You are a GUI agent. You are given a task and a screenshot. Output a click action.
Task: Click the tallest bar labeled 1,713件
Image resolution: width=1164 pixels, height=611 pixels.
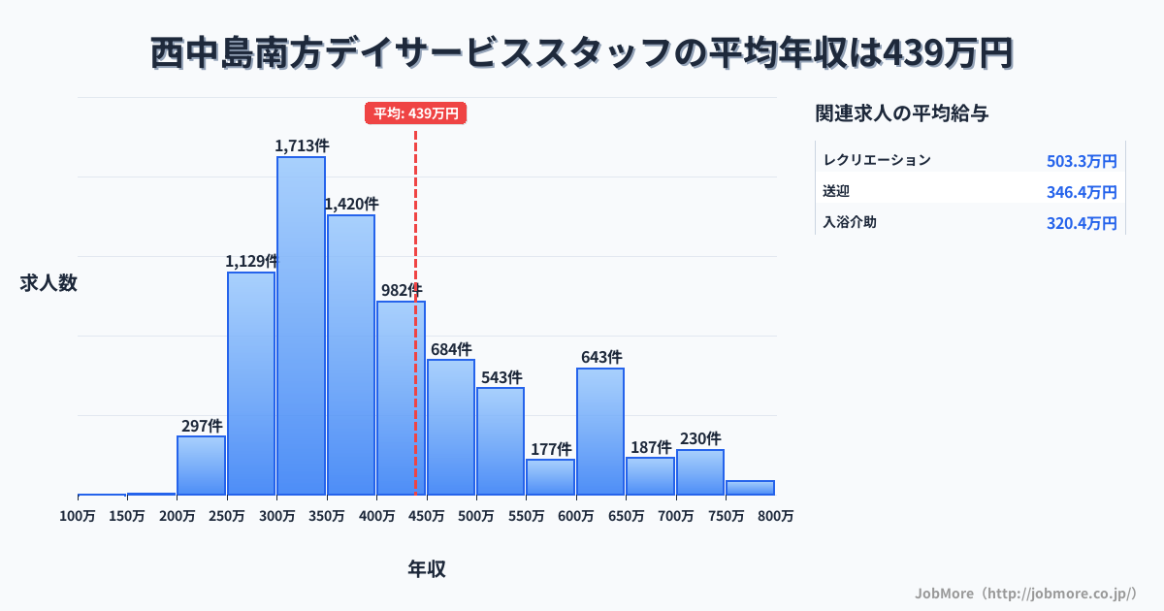pyautogui.click(x=301, y=325)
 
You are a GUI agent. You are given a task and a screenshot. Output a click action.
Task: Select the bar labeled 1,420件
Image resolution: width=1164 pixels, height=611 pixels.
pyautogui.click(x=351, y=354)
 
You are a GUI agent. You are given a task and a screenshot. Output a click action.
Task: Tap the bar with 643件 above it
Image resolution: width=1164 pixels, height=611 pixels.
pyautogui.click(x=600, y=431)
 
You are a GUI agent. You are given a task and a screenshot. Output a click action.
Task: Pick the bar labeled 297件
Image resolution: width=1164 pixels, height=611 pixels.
pyautogui.click(x=201, y=465)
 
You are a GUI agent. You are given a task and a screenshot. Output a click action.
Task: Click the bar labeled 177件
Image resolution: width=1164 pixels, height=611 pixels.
pyautogui.click(x=550, y=476)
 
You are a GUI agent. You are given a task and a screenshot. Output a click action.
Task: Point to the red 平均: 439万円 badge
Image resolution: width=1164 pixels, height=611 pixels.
pyautogui.click(x=416, y=113)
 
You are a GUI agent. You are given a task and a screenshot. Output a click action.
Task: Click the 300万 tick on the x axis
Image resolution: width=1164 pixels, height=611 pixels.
pyautogui.click(x=276, y=516)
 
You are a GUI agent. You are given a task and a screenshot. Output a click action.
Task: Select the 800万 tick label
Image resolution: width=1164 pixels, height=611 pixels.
pyautogui.click(x=775, y=516)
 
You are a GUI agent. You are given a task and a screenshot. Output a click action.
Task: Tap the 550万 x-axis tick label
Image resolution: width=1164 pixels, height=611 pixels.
pyautogui.click(x=526, y=516)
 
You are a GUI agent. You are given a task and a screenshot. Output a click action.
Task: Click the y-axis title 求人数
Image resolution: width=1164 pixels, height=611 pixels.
pyautogui.click(x=48, y=283)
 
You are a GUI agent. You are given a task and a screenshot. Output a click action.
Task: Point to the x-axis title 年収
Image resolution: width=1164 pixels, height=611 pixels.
pyautogui.click(x=427, y=569)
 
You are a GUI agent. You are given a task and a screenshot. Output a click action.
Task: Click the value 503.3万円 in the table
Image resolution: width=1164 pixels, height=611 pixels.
pyautogui.click(x=1082, y=161)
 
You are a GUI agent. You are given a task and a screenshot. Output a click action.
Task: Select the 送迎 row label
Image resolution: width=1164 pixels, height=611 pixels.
pyautogui.click(x=836, y=191)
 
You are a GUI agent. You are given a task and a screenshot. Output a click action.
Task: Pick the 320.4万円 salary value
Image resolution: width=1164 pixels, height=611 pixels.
pyautogui.click(x=1082, y=223)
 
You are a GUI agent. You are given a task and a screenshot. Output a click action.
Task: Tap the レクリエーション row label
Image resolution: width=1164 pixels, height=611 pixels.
pyautogui.click(x=877, y=160)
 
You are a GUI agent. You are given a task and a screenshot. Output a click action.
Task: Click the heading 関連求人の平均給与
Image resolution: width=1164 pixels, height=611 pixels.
pyautogui.click(x=902, y=113)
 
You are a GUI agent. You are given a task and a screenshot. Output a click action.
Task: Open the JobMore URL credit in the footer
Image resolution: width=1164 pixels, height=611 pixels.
pyautogui.click(x=1025, y=592)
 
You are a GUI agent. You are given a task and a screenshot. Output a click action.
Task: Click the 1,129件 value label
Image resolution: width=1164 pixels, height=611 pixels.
pyautogui.click(x=252, y=261)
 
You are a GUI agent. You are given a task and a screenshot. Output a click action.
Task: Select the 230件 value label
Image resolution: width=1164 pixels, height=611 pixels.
pyautogui.click(x=700, y=438)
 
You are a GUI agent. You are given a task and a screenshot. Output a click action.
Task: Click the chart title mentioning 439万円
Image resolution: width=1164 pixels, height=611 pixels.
pyautogui.click(x=582, y=52)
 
